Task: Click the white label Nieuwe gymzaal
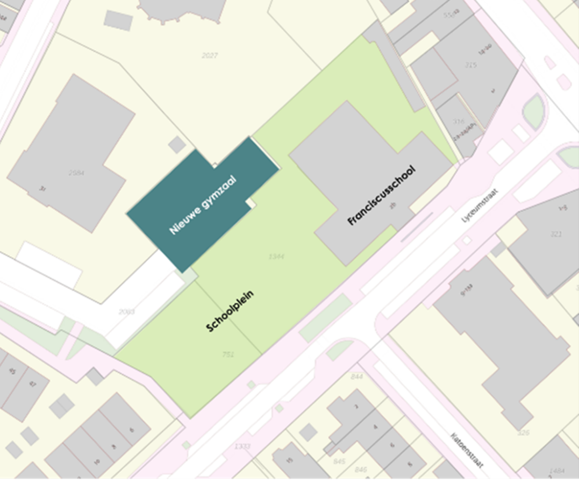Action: click(203, 204)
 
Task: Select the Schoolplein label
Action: click(230, 311)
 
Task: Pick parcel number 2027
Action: click(210, 55)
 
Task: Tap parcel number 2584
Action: click(77, 173)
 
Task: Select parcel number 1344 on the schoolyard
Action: click(276, 257)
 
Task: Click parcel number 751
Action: click(228, 354)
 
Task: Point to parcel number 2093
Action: click(126, 312)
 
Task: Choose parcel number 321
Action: click(556, 234)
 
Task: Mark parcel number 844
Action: click(357, 376)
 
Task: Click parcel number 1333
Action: click(242, 446)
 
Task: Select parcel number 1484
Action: click(557, 471)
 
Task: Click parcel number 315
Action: click(470, 65)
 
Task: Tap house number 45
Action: click(12, 372)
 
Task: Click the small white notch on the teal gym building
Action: click(250, 203)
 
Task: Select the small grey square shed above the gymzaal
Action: click(176, 144)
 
